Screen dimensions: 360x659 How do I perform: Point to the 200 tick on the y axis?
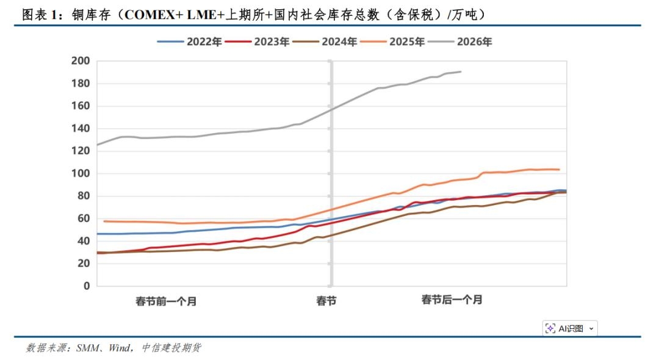click(81, 61)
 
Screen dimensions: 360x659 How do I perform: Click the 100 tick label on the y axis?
click(81, 174)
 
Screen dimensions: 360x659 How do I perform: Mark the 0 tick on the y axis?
click(86, 286)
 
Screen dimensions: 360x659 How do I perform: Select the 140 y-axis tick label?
click(81, 129)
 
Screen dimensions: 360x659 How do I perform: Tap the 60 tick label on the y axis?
click(84, 218)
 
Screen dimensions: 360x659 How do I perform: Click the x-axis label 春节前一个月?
click(166, 301)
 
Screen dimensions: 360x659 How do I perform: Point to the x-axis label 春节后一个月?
click(452, 300)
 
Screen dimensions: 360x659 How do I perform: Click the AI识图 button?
click(570, 328)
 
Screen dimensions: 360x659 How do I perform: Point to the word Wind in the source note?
click(119, 348)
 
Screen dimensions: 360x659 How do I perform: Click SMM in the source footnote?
click(88, 348)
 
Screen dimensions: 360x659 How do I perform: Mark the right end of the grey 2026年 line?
click(461, 71)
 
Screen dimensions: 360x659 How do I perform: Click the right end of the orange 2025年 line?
click(560, 170)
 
